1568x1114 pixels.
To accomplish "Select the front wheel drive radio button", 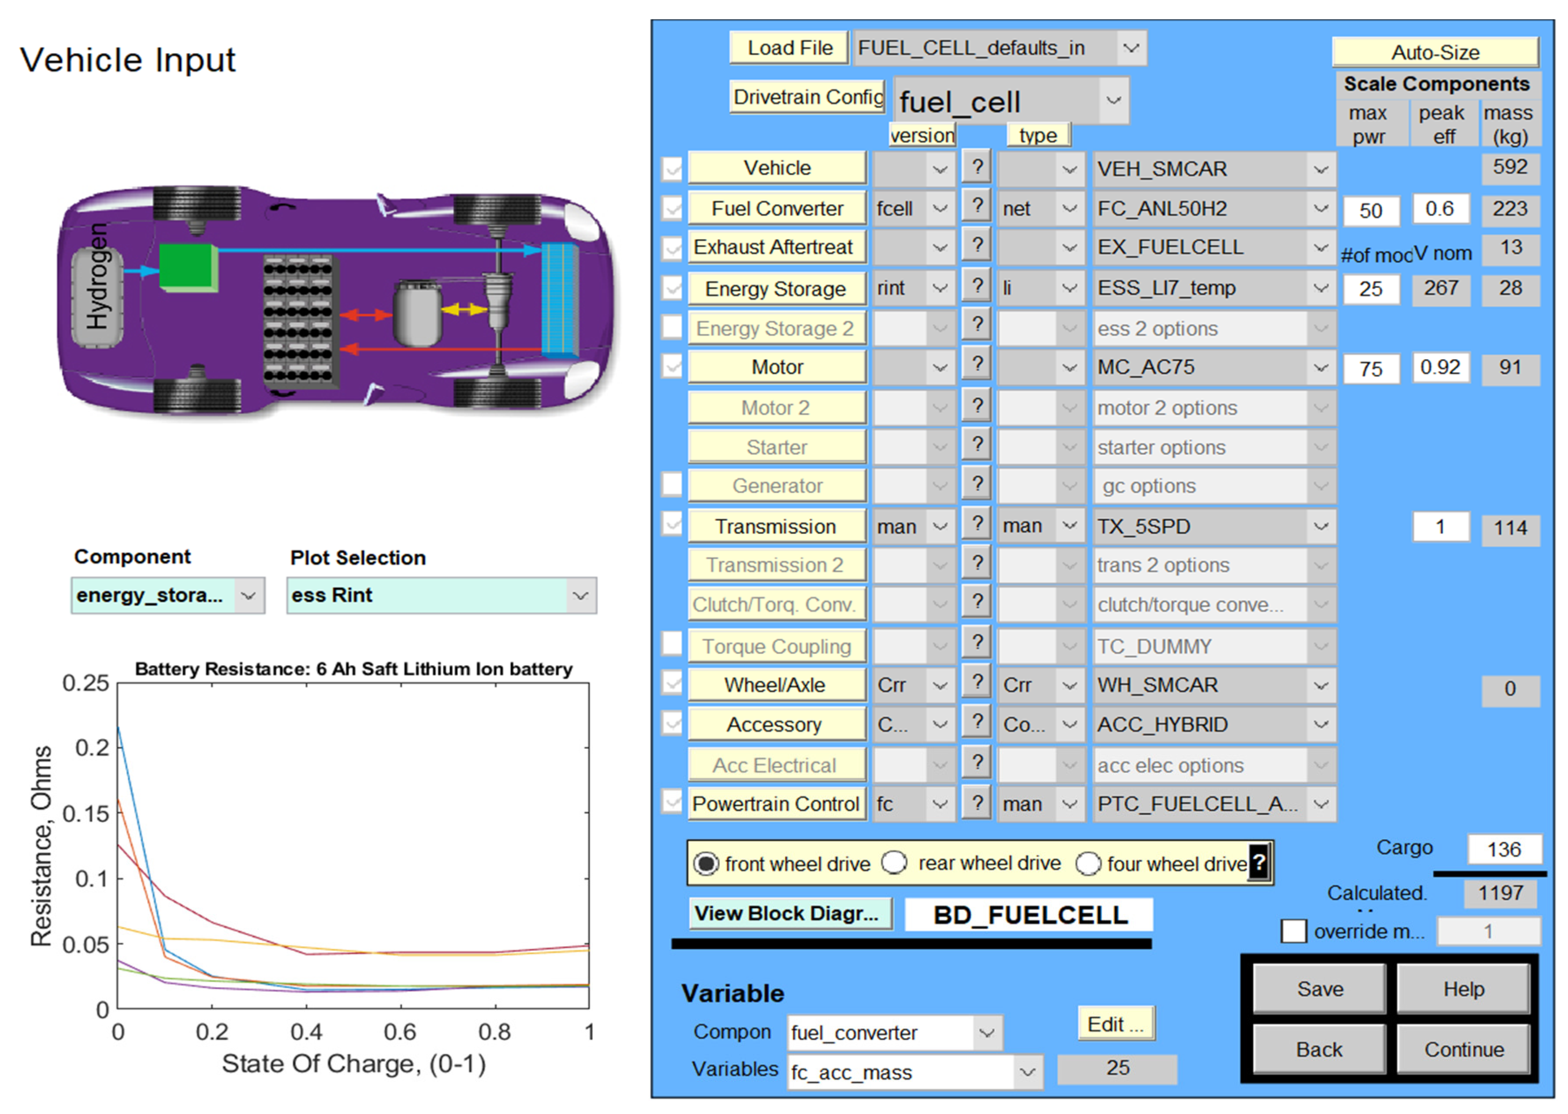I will coord(706,863).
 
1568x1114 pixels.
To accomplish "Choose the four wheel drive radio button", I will coord(1088,863).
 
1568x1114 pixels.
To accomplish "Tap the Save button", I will coord(1319,988).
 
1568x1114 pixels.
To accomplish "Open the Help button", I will coord(1463,988).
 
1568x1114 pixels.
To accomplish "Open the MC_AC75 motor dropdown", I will coord(1213,367).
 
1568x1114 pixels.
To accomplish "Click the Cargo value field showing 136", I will coord(1504,849).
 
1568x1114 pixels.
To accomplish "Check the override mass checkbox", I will coord(1294,931).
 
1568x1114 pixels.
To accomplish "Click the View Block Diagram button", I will coord(790,913).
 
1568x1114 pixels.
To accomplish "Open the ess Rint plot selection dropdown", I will coord(441,595).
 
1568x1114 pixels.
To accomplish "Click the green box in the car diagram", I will coord(187,266).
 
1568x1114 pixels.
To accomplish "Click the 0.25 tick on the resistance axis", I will coord(86,683).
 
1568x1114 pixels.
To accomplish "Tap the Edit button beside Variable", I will coord(1116,1024).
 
